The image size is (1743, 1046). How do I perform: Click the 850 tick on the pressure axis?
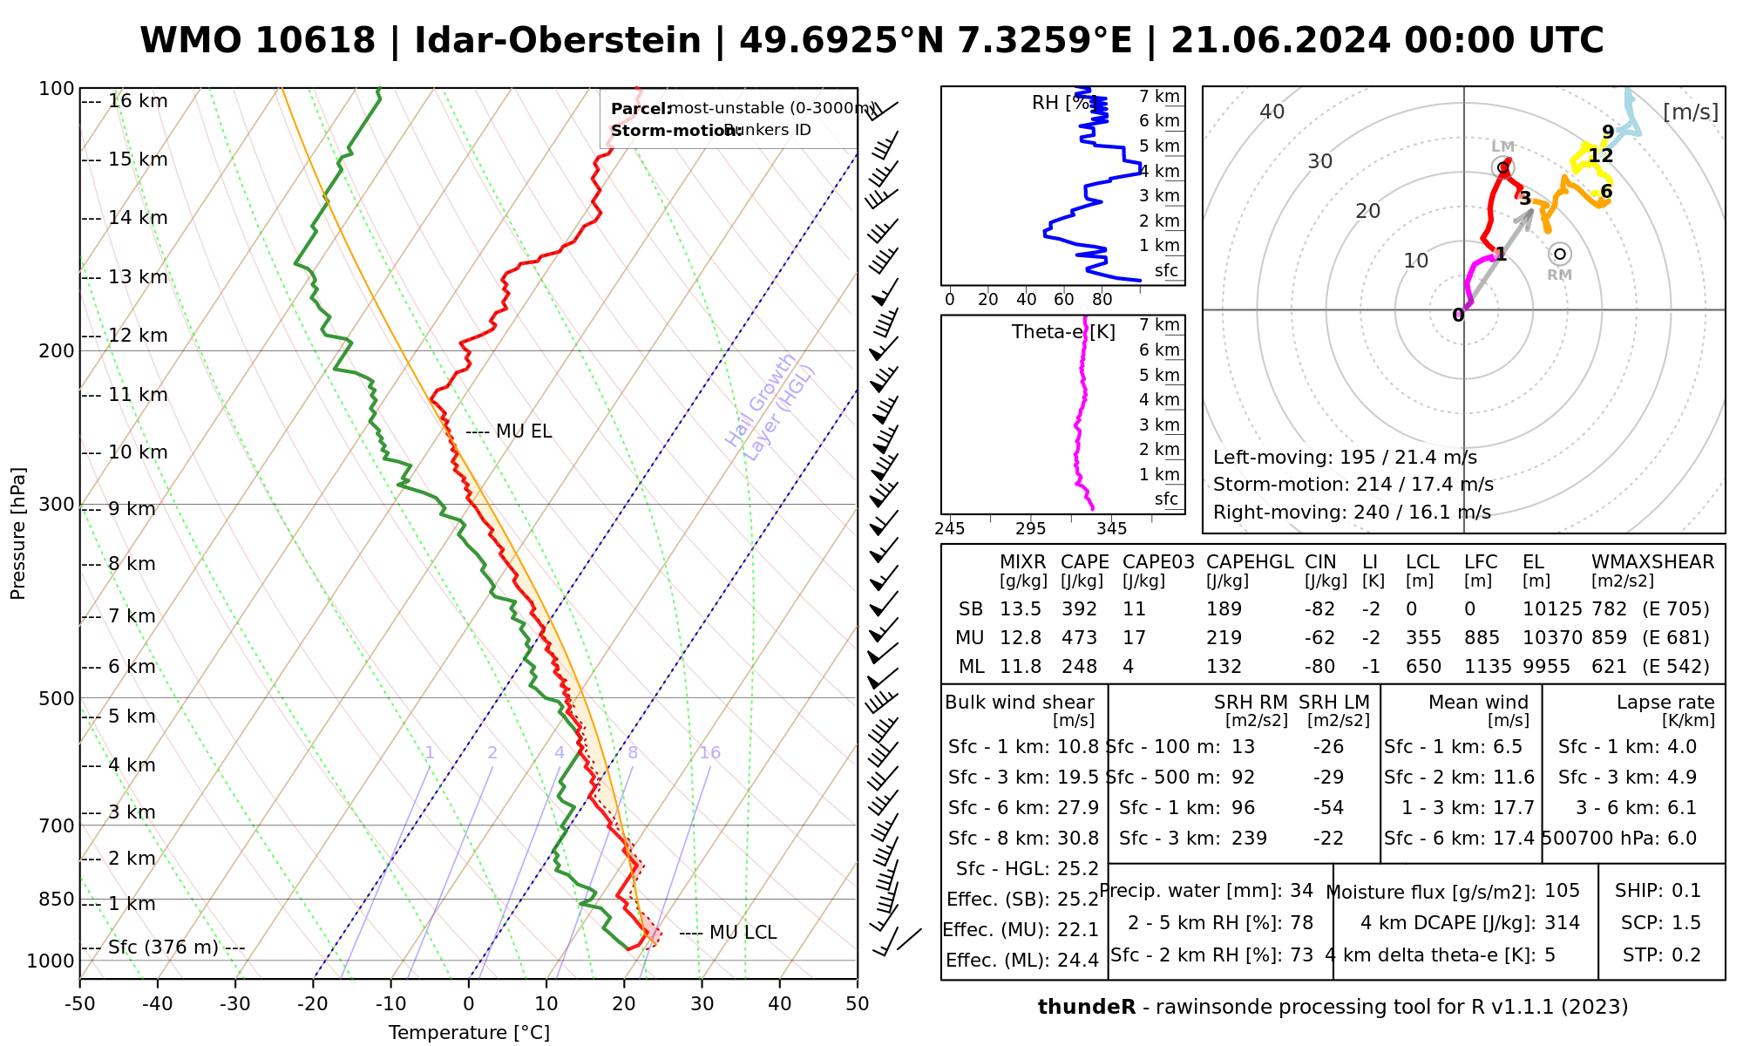(x=57, y=899)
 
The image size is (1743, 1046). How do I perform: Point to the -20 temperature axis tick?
(x=313, y=1004)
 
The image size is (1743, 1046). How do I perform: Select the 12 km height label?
(x=138, y=336)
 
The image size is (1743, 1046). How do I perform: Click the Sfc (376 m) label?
(x=163, y=948)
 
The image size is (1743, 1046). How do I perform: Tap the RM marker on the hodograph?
(x=1560, y=255)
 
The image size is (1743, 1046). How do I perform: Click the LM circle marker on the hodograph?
(x=1502, y=167)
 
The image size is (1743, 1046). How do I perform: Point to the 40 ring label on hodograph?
(x=1272, y=112)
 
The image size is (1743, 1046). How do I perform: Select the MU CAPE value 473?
(x=1079, y=638)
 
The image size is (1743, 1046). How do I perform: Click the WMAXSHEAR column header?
(x=1652, y=562)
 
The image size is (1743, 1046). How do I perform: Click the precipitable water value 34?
(x=1301, y=891)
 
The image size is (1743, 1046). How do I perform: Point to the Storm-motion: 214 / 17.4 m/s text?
(x=1353, y=485)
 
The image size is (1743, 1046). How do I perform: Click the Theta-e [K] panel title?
(x=1063, y=332)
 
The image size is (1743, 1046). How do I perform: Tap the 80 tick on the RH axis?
(x=1102, y=300)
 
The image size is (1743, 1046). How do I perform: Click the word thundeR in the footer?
(x=1087, y=1008)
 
